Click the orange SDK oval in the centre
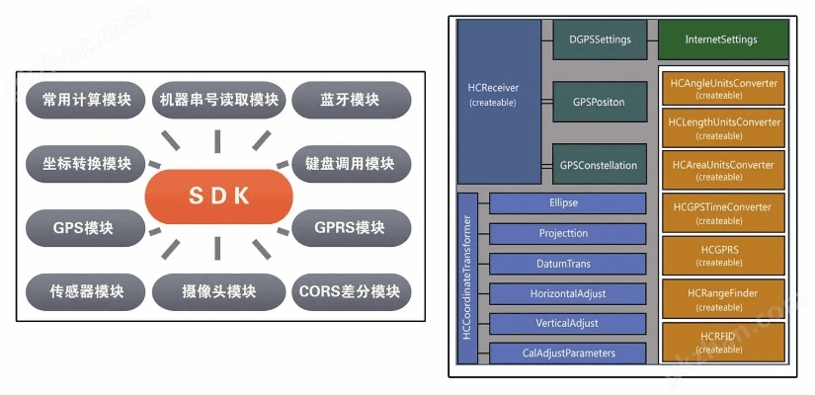[x=219, y=196]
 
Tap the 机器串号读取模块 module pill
[x=219, y=100]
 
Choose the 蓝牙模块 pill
[x=351, y=101]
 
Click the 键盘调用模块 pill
[x=351, y=163]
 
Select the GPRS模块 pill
[x=351, y=228]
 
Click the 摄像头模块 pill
[x=219, y=292]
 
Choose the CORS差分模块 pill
[x=351, y=291]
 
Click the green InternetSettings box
[x=721, y=40]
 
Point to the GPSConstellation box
[x=599, y=165]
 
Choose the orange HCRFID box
[x=722, y=343]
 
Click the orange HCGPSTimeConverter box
[x=722, y=212]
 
